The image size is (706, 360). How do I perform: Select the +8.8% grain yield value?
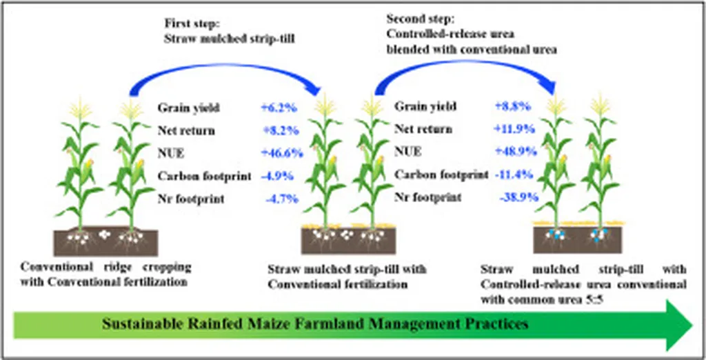(x=513, y=106)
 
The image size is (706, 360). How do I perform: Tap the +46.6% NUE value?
(x=282, y=153)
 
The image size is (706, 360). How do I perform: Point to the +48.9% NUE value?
(x=516, y=152)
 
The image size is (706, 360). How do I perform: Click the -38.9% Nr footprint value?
(x=519, y=197)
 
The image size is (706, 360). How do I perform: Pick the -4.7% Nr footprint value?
(x=282, y=199)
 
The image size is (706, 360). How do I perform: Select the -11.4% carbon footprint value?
(x=514, y=174)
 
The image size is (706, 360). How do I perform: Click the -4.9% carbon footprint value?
(x=277, y=176)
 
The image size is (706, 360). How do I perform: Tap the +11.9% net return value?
(x=515, y=129)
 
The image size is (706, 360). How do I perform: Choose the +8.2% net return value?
(x=280, y=130)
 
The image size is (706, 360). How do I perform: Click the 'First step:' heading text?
(x=192, y=23)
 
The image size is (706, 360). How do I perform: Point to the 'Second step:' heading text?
(x=421, y=19)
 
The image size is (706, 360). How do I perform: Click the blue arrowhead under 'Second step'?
(x=548, y=85)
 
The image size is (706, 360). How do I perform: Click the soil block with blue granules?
(x=578, y=240)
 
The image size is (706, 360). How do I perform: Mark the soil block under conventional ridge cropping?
(x=105, y=243)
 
